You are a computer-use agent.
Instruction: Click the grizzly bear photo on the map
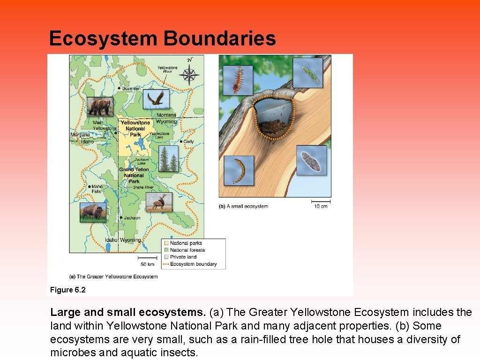click(x=99, y=107)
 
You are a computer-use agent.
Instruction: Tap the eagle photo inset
click(x=156, y=99)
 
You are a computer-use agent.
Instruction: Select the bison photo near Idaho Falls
click(x=93, y=211)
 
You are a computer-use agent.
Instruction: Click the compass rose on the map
click(x=189, y=74)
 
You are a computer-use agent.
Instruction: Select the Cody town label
click(x=188, y=142)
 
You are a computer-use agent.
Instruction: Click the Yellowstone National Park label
click(x=135, y=128)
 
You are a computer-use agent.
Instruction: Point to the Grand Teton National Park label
click(x=134, y=175)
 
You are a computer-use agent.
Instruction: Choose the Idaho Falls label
click(x=97, y=188)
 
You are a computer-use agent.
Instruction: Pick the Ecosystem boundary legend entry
click(x=193, y=264)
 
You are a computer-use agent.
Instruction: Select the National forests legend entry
click(x=187, y=250)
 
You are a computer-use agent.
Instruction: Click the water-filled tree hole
click(x=274, y=117)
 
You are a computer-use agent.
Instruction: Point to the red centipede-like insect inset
click(x=237, y=79)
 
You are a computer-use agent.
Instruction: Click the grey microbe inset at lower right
click(x=311, y=160)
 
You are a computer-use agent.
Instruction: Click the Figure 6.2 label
click(x=68, y=290)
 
